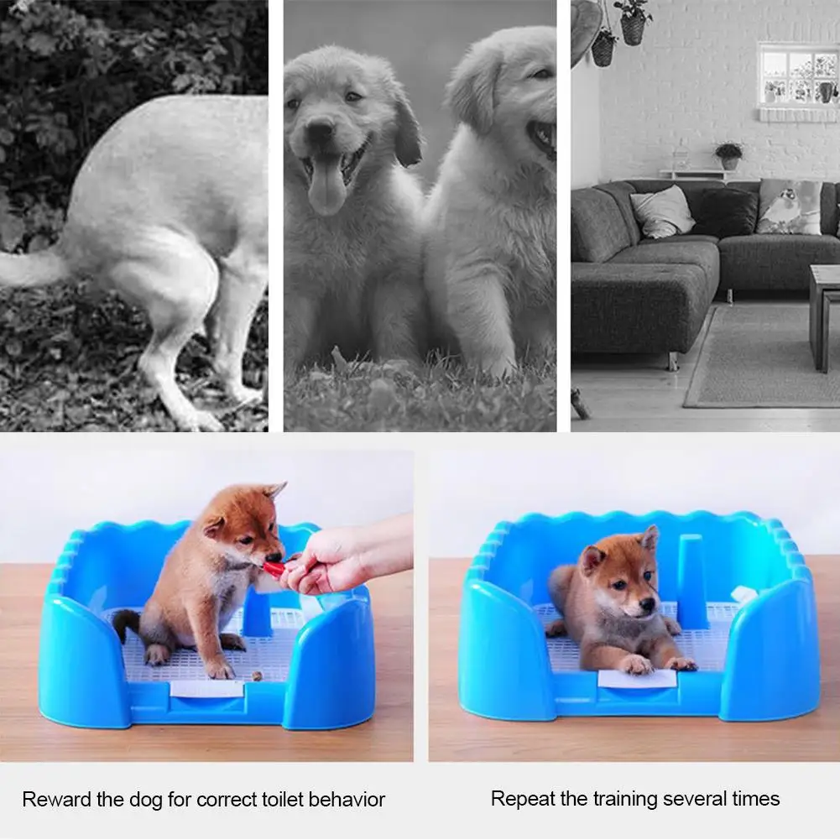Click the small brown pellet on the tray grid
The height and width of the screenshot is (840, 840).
[257, 676]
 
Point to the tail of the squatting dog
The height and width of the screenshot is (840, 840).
[29, 268]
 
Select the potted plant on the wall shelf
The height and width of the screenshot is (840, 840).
[728, 155]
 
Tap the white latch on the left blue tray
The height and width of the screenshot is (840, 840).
[207, 688]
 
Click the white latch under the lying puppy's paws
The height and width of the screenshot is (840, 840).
[638, 679]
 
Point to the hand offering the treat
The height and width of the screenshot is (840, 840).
[343, 561]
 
